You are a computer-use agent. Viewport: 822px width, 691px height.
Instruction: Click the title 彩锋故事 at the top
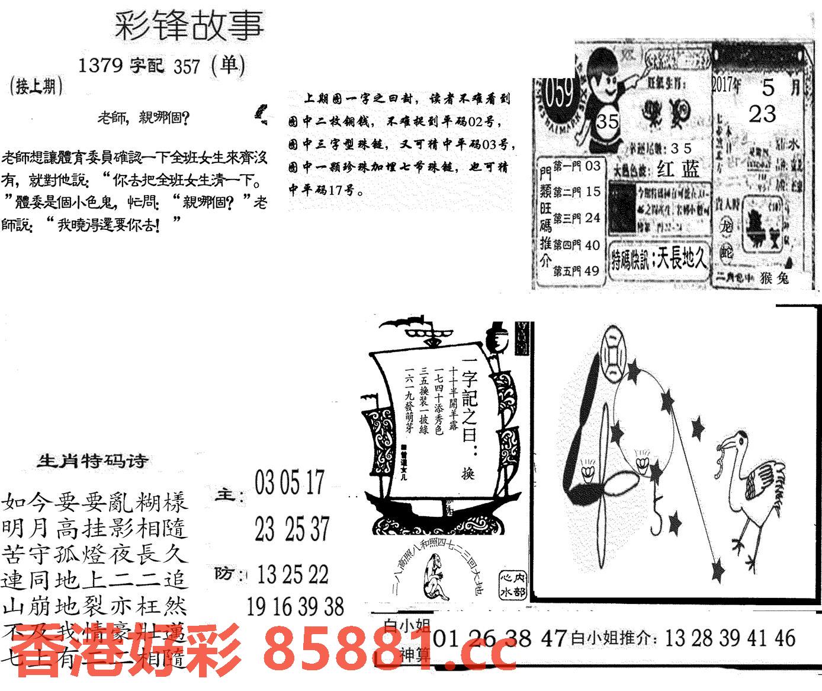coord(188,27)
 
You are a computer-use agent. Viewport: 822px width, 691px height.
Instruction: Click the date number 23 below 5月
coord(762,113)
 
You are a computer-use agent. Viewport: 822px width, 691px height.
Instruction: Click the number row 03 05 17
coord(290,482)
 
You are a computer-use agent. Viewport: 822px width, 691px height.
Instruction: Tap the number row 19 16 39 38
coord(295,606)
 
